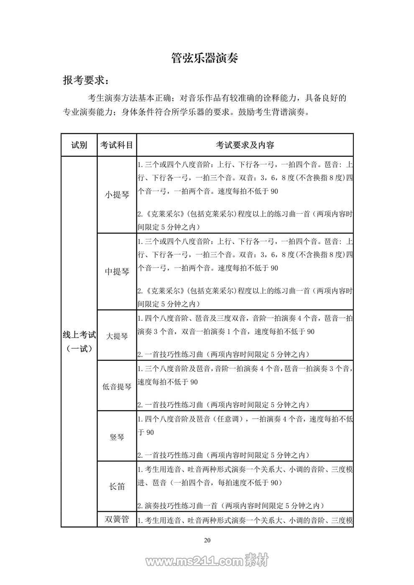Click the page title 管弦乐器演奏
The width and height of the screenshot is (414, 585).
point(205,58)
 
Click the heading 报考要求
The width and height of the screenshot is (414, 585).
point(87,80)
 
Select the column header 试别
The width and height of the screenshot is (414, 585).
point(79,145)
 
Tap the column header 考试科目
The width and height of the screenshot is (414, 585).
point(117,145)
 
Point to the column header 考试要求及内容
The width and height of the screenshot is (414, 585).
point(245,145)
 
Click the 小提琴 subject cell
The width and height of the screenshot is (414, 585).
point(117,194)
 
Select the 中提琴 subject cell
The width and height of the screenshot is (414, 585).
point(117,271)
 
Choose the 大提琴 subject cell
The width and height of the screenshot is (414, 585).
point(117,335)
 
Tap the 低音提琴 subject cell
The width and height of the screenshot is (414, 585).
point(117,386)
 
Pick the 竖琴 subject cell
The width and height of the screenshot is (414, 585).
point(117,437)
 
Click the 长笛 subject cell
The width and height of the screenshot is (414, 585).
point(117,486)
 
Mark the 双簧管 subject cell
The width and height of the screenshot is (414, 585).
point(117,519)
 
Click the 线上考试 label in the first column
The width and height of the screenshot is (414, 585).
point(79,335)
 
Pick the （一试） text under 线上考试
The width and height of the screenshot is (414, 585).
point(79,348)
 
